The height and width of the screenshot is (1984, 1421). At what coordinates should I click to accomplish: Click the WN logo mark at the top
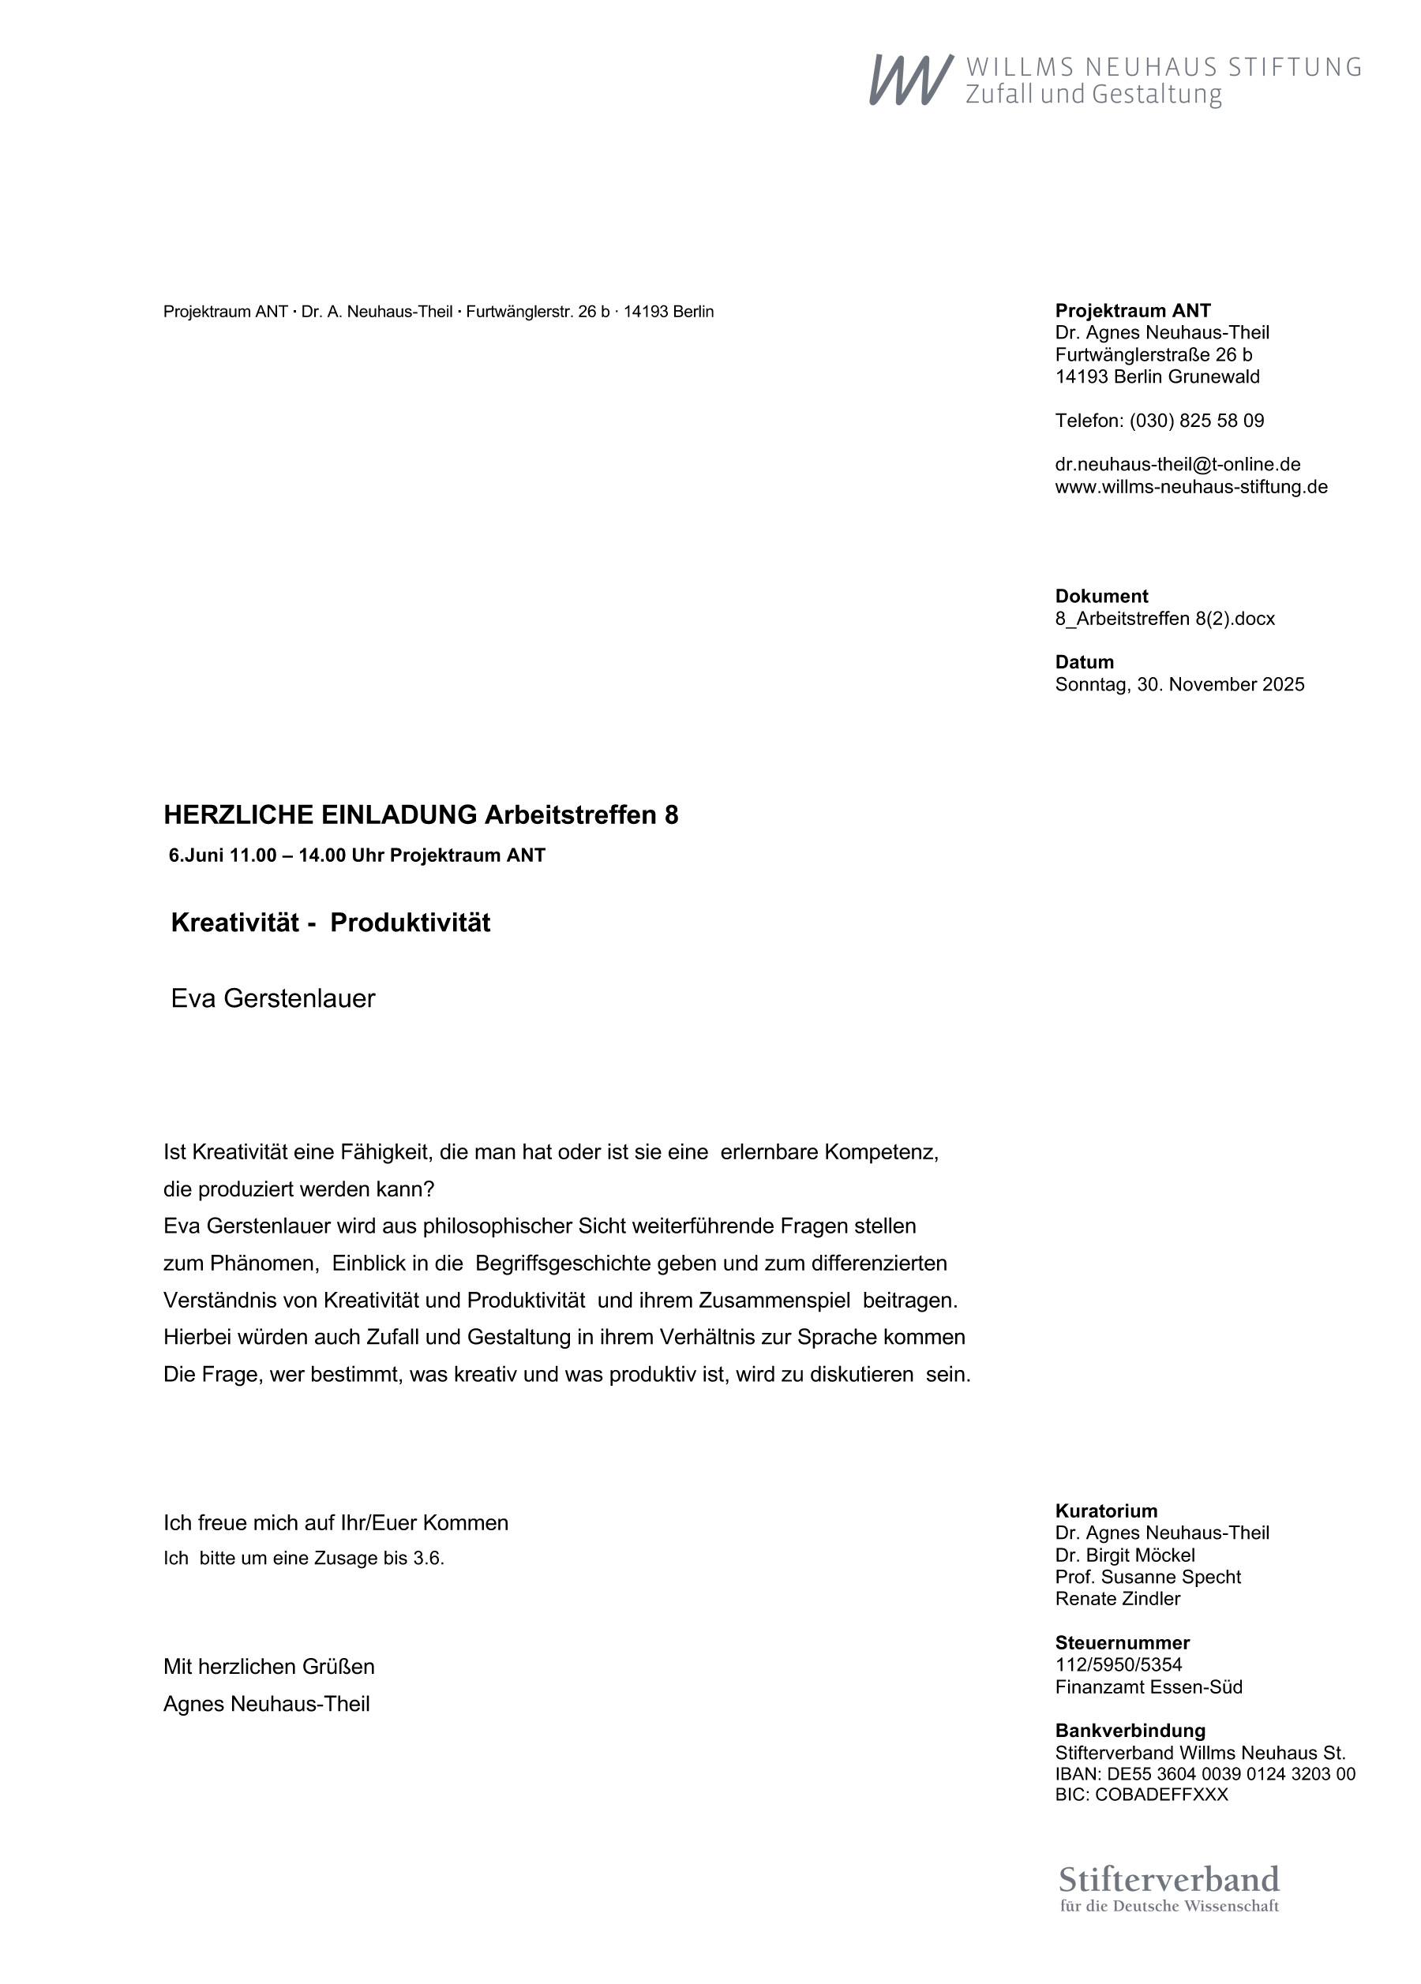tap(910, 80)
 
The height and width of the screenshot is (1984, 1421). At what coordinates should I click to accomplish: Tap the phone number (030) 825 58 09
tap(1196, 421)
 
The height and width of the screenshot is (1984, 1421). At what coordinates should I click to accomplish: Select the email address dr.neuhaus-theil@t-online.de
tap(1177, 465)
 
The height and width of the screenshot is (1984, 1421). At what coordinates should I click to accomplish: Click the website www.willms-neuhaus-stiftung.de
tap(1190, 486)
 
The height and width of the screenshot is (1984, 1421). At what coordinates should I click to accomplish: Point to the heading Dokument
tap(1100, 597)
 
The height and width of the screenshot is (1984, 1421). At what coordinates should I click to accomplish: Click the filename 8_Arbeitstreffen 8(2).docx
tap(1164, 619)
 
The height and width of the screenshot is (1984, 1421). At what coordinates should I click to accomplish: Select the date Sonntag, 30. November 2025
tap(1179, 684)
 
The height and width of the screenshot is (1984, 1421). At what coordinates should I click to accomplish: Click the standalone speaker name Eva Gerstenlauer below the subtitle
tap(273, 998)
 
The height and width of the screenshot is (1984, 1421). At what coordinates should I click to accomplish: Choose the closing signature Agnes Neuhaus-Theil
tap(266, 1704)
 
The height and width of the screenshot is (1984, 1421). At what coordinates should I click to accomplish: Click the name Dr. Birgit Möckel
tap(1124, 1555)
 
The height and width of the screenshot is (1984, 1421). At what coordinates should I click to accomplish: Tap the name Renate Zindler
tap(1117, 1598)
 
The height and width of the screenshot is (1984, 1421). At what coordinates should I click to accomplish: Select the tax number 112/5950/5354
tap(1119, 1664)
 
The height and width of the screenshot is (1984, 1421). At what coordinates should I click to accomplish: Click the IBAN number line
tap(1205, 1774)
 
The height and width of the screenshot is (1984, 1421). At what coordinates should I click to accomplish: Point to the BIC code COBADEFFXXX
tap(1141, 1795)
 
